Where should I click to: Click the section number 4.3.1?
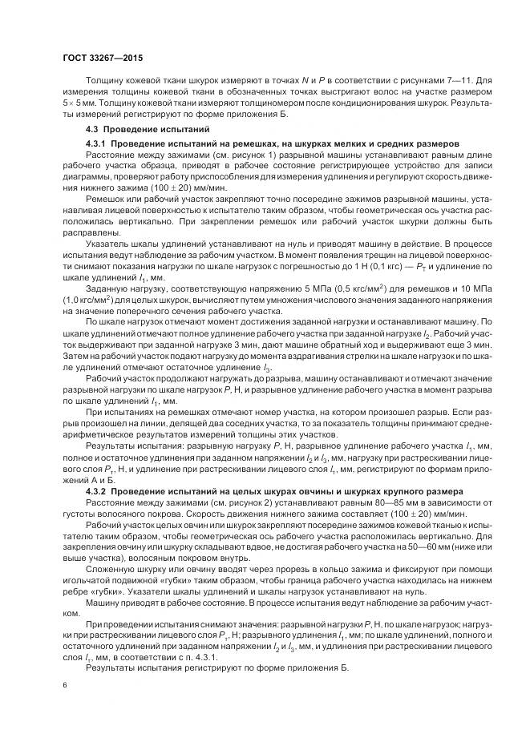(96, 143)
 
